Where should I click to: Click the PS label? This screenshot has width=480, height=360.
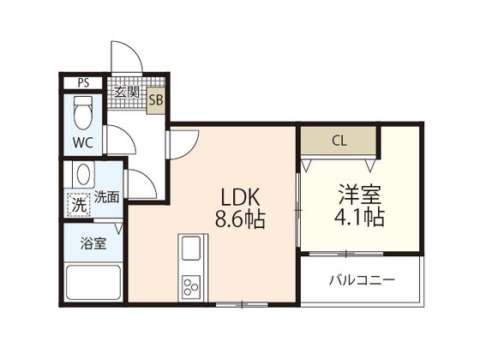click(x=83, y=83)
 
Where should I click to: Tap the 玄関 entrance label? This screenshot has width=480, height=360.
click(x=126, y=92)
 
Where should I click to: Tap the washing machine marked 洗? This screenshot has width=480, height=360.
click(x=78, y=205)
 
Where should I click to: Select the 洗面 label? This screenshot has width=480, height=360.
click(x=106, y=196)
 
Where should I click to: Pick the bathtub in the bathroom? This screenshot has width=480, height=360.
click(x=93, y=283)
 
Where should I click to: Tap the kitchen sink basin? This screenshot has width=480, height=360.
click(x=189, y=251)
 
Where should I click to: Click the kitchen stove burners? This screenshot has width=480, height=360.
click(x=189, y=285)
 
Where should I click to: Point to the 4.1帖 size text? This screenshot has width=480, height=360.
click(x=358, y=218)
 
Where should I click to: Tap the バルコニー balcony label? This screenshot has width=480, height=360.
click(x=361, y=280)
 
